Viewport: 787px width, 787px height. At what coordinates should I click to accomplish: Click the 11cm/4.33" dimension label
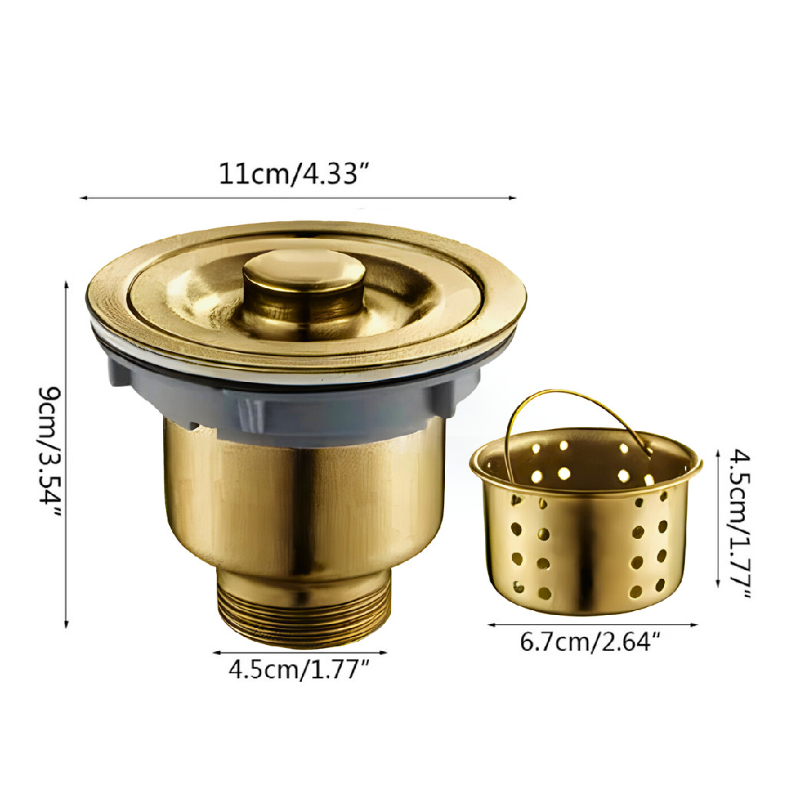(294, 174)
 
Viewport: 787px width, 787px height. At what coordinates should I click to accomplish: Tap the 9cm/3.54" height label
(51, 453)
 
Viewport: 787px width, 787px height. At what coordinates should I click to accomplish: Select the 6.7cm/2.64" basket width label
(589, 642)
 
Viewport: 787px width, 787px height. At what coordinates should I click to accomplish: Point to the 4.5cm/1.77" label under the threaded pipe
(299, 669)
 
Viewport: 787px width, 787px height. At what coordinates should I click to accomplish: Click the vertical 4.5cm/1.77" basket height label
(739, 523)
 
